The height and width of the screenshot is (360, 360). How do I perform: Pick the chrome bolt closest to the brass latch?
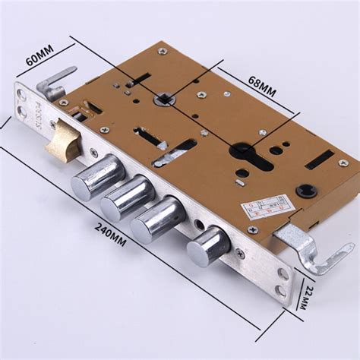[98, 176]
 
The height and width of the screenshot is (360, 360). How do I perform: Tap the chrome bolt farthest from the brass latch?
[208, 245]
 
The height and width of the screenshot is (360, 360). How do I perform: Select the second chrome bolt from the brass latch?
[127, 196]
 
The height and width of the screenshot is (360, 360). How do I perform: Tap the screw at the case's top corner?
[162, 51]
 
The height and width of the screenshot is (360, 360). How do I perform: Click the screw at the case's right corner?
[343, 163]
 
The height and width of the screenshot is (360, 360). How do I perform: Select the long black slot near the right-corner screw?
[319, 159]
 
